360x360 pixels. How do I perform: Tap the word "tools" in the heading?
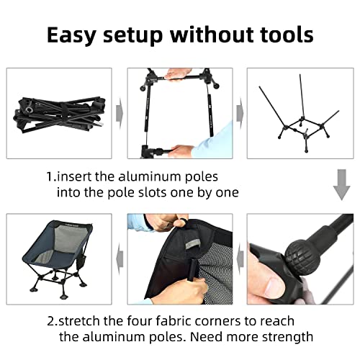(287, 35)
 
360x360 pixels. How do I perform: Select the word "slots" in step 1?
(151, 192)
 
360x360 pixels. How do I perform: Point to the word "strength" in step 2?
(287, 337)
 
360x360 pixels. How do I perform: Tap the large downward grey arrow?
(341, 184)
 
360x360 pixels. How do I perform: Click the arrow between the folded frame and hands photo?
(120, 113)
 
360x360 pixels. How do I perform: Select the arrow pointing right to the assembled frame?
(240, 113)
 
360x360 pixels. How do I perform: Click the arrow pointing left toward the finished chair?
(120, 258)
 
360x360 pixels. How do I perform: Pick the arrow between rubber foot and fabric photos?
(240, 258)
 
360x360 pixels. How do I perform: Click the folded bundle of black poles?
(60, 114)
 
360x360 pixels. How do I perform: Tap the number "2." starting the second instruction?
(53, 321)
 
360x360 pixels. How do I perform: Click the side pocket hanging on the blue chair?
(81, 262)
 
